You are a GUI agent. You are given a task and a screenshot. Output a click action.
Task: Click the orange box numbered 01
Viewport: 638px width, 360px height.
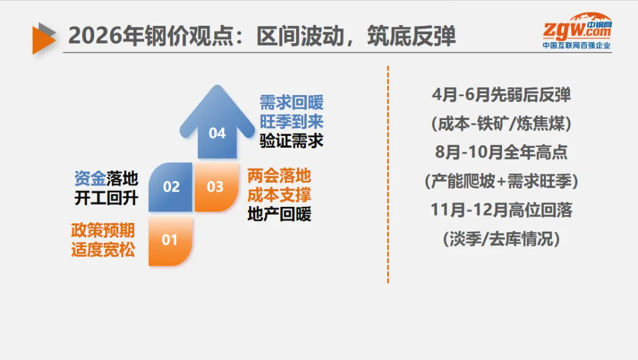tap(170, 240)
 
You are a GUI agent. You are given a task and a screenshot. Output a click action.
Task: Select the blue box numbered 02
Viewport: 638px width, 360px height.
tap(171, 187)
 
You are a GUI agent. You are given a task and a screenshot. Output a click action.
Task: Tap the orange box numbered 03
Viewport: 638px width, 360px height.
tap(216, 187)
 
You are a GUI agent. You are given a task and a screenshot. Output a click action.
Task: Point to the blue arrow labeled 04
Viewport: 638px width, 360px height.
tap(217, 124)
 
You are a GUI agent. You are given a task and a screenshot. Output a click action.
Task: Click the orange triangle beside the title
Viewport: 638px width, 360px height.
tap(43, 37)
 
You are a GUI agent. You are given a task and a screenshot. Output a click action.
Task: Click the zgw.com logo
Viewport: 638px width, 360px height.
tap(578, 28)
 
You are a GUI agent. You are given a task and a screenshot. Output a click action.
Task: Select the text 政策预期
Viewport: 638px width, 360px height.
tap(103, 230)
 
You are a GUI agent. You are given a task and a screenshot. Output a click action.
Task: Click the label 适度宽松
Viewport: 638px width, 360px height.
tap(103, 250)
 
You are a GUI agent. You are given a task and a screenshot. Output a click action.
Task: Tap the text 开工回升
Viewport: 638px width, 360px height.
tap(106, 198)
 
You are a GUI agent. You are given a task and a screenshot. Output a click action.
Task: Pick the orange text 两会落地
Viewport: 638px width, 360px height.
tap(279, 176)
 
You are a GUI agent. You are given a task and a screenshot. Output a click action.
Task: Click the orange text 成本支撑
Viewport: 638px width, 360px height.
tap(279, 195)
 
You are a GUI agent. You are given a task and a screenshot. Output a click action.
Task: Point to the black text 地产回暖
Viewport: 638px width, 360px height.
tap(279, 215)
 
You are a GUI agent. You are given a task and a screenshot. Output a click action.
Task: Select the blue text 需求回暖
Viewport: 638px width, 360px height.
tap(291, 102)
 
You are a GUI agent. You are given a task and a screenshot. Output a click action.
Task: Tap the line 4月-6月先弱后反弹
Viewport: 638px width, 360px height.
tap(501, 95)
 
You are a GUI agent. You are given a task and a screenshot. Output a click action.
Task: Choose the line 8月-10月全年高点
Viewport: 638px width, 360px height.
tap(501, 153)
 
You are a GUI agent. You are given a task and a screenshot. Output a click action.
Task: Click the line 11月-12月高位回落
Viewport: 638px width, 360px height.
tap(501, 210)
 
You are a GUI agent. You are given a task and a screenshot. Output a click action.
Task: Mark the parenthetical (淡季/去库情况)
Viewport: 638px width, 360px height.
tap(501, 239)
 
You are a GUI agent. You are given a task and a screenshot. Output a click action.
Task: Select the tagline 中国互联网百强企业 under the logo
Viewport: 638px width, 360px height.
tap(577, 45)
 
